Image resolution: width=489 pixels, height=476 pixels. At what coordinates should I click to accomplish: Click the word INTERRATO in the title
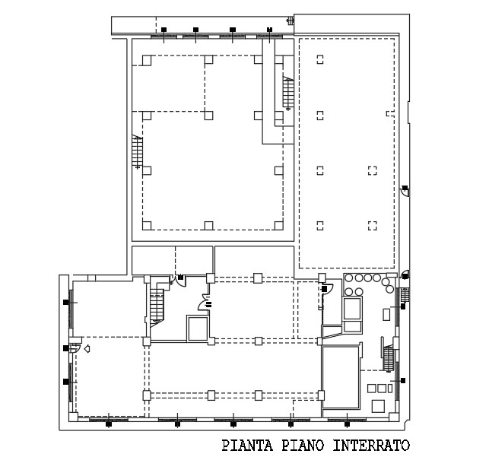click(x=372, y=446)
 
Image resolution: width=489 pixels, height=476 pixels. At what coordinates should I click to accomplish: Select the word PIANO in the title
click(x=305, y=446)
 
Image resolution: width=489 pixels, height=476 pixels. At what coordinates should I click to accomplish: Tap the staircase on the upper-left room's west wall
click(x=138, y=151)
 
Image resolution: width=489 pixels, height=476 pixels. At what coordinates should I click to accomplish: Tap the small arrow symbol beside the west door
click(x=87, y=349)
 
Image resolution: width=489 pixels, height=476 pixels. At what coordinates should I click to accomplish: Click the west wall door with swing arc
click(x=75, y=349)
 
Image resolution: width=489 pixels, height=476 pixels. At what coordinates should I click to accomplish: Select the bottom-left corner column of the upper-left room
click(x=148, y=224)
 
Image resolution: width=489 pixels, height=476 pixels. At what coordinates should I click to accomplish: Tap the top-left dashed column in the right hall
click(x=320, y=59)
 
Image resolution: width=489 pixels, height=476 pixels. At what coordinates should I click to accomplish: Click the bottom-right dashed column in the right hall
click(x=372, y=224)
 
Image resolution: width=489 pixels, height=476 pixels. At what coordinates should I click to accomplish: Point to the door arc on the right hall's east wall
click(x=405, y=191)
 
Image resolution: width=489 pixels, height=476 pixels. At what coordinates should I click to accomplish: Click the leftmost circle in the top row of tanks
click(x=350, y=278)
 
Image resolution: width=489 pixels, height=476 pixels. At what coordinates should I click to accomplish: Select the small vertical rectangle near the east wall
click(x=386, y=313)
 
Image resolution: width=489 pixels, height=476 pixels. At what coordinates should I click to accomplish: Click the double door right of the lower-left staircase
click(x=178, y=279)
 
